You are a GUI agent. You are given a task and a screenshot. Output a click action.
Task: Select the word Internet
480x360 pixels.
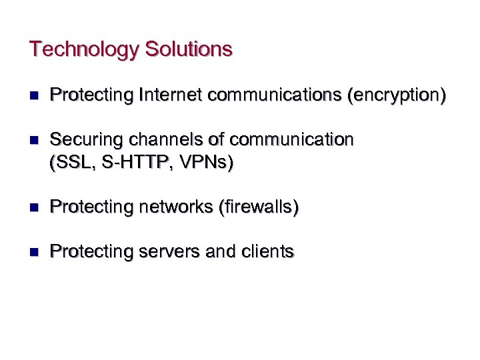171,95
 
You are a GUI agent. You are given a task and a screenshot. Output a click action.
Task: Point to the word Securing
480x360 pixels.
82,139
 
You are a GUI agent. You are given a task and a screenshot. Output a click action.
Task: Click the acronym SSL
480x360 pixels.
69,162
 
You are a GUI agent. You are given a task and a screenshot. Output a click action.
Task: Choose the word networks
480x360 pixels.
175,207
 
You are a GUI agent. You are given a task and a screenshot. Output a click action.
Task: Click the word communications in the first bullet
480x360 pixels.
275,95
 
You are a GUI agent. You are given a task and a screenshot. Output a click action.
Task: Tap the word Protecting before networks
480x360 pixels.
92,207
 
